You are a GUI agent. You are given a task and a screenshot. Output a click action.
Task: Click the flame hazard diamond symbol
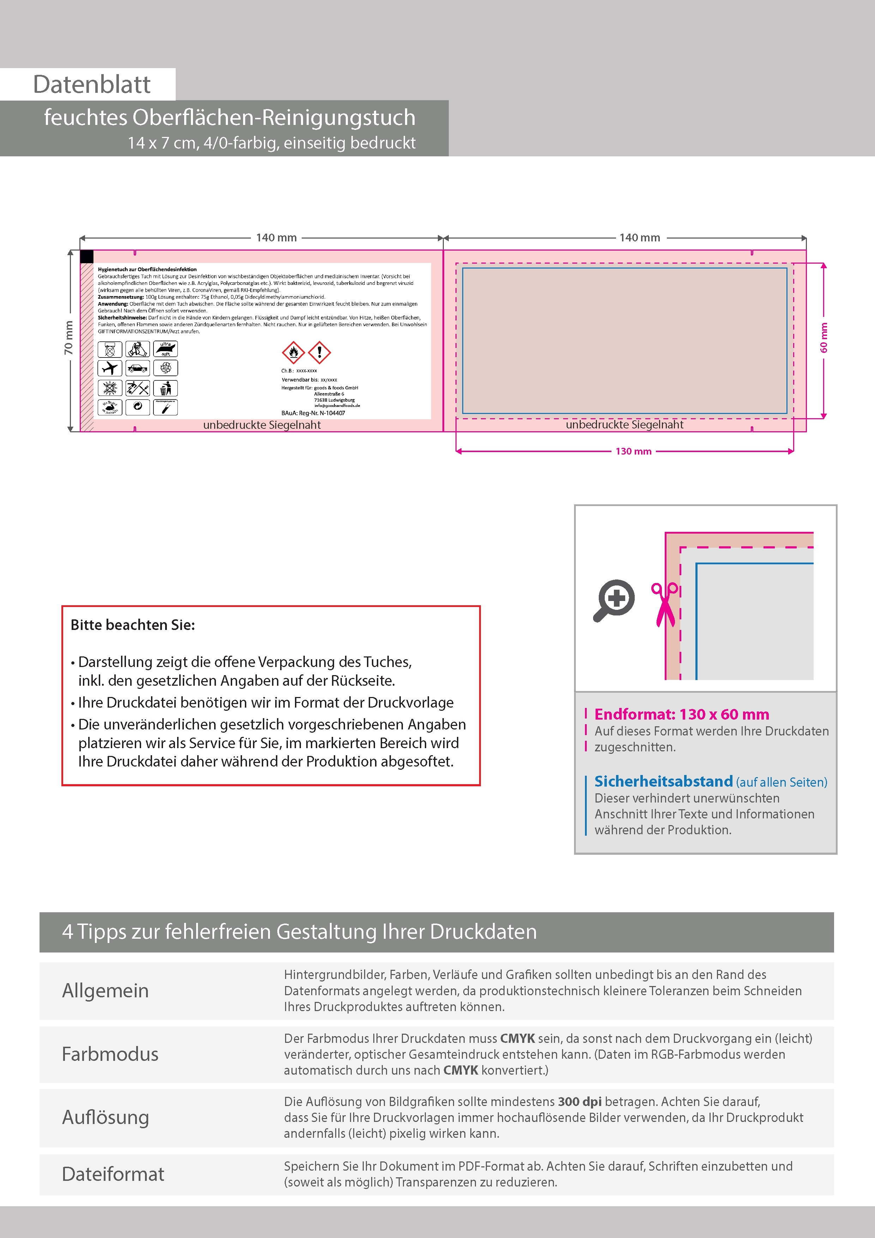pyautogui.click(x=293, y=353)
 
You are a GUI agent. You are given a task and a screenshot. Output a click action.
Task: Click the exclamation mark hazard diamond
pyautogui.click(x=320, y=353)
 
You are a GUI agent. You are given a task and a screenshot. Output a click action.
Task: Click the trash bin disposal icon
pyautogui.click(x=165, y=388)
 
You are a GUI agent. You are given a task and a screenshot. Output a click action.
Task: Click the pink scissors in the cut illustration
pyautogui.click(x=665, y=603)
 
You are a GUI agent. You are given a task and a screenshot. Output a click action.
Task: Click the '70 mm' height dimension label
pyautogui.click(x=68, y=338)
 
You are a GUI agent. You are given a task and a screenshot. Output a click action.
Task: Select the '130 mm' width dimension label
pyautogui.click(x=633, y=451)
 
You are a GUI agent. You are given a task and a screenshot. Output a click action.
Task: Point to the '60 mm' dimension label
pyautogui.click(x=824, y=338)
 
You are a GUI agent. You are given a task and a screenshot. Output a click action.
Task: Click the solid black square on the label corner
pyautogui.click(x=87, y=257)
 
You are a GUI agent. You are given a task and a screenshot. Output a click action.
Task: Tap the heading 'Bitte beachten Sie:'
pyautogui.click(x=133, y=625)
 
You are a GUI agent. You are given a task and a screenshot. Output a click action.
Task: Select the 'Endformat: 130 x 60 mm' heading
pyautogui.click(x=681, y=714)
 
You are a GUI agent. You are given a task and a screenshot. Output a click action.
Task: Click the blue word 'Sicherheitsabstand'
pyautogui.click(x=663, y=781)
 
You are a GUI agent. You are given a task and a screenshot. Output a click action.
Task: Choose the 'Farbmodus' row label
pyautogui.click(x=110, y=1054)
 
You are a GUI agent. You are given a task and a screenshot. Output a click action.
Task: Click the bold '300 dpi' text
pyautogui.click(x=580, y=1101)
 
